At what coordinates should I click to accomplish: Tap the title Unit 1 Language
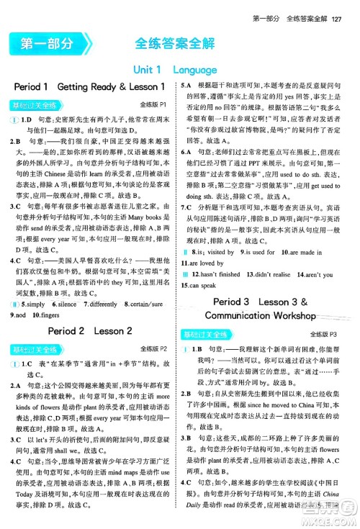pyautogui.click(x=180, y=70)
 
